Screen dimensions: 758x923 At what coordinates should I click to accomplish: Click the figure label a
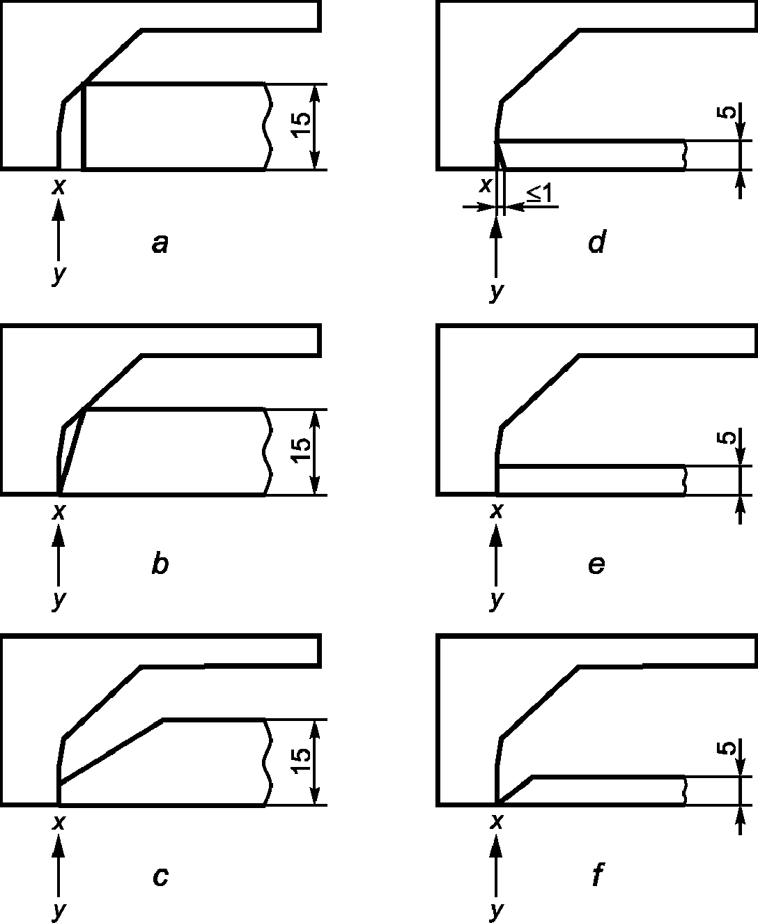(160, 244)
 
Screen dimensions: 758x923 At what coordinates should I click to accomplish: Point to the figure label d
(597, 242)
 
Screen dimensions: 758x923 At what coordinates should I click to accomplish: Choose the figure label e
(596, 565)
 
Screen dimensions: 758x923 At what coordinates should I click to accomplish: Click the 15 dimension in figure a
(302, 125)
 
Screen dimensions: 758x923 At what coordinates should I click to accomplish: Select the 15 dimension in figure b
(302, 450)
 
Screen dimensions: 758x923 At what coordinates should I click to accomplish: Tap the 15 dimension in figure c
(302, 761)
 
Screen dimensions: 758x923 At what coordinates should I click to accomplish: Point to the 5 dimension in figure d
(726, 112)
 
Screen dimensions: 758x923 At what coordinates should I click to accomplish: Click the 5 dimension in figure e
(726, 437)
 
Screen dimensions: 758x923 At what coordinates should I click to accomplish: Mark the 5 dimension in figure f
(726, 748)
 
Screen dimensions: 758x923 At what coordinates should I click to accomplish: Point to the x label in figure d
(486, 186)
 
